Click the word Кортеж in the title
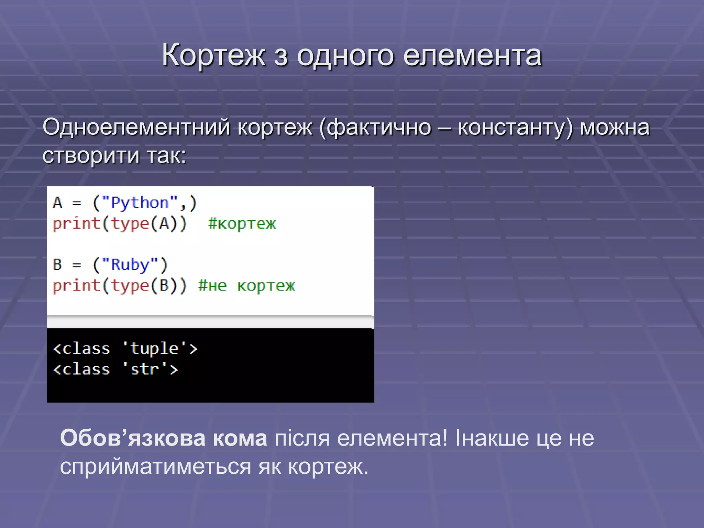[213, 55]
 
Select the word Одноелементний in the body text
[136, 127]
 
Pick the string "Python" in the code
[140, 203]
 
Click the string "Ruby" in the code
[130, 265]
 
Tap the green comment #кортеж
[242, 224]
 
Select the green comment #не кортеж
[246, 286]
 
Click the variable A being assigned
[57, 203]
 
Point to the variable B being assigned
[57, 265]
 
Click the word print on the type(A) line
[76, 224]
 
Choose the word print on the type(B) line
[76, 286]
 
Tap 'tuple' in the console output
[154, 349]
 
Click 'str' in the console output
[145, 369]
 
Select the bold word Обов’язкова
[132, 438]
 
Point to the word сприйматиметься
[156, 467]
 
